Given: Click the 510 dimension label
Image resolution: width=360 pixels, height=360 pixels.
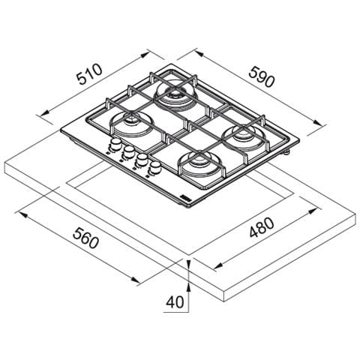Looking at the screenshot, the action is tap(89, 74).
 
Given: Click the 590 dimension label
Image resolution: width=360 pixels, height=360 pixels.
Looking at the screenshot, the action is tap(262, 76).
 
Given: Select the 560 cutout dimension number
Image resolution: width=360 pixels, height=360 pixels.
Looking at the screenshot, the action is tap(85, 238).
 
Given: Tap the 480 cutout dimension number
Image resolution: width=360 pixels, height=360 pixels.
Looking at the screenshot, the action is tap(262, 227).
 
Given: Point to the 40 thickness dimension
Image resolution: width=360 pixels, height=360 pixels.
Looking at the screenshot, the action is tap(175, 302).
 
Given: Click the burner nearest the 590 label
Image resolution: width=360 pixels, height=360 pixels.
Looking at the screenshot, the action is tap(175, 96).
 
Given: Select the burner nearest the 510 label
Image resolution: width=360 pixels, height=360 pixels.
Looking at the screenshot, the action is tap(132, 124).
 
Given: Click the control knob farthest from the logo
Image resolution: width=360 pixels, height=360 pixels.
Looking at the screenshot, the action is tap(115, 145).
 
